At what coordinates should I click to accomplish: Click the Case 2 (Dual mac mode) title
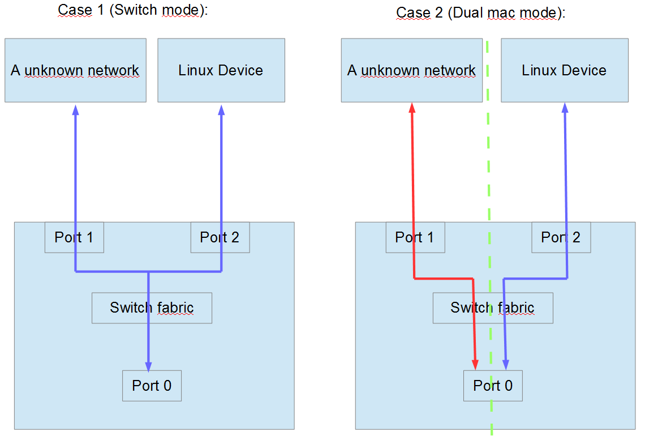[x=480, y=12]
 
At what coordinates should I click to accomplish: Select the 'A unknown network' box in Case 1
[x=75, y=70]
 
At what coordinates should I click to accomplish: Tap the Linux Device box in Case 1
[x=221, y=70]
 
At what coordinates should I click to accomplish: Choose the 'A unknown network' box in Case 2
[x=411, y=70]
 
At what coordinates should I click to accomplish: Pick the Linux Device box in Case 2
[x=564, y=70]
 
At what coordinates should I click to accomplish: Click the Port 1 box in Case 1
[x=74, y=237]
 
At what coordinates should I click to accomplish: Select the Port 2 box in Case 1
[x=220, y=237]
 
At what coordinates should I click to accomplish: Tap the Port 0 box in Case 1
[x=152, y=386]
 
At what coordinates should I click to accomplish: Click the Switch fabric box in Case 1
[x=152, y=308]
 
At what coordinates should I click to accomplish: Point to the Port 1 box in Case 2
[x=415, y=237]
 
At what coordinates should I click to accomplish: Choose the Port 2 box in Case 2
[x=561, y=237]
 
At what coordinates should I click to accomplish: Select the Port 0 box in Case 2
[x=493, y=386]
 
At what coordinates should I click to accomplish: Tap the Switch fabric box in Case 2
[x=492, y=308]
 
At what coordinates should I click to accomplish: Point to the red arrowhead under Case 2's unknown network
[x=412, y=108]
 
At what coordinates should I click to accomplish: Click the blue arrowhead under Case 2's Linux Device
[x=564, y=108]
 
